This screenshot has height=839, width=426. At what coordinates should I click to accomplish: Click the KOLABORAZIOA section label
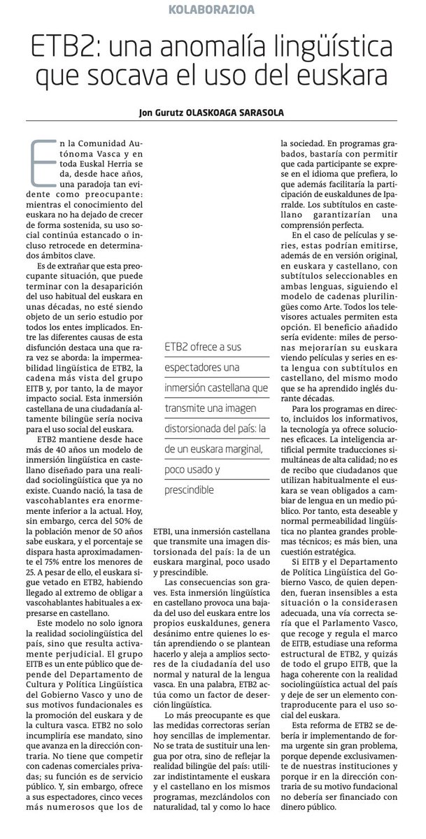pos(212,9)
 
